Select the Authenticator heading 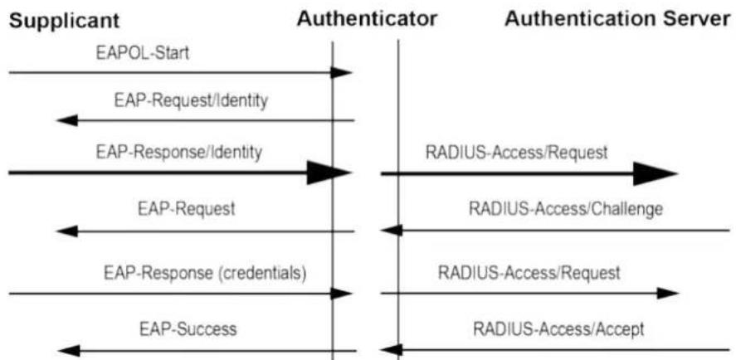[367, 19]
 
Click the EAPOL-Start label [142, 53]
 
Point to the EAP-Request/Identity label [191, 101]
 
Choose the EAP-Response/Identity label [179, 153]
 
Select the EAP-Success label [188, 328]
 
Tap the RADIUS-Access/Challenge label [567, 209]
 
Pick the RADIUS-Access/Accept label [558, 328]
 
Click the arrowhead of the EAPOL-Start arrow [341, 72]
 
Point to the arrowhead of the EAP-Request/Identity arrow [67, 120]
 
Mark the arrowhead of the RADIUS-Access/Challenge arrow [391, 231]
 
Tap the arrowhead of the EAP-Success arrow [68, 350]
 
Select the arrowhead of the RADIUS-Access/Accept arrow [391, 350]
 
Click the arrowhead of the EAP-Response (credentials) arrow [341, 294]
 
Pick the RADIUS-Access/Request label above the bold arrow [516, 153]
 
